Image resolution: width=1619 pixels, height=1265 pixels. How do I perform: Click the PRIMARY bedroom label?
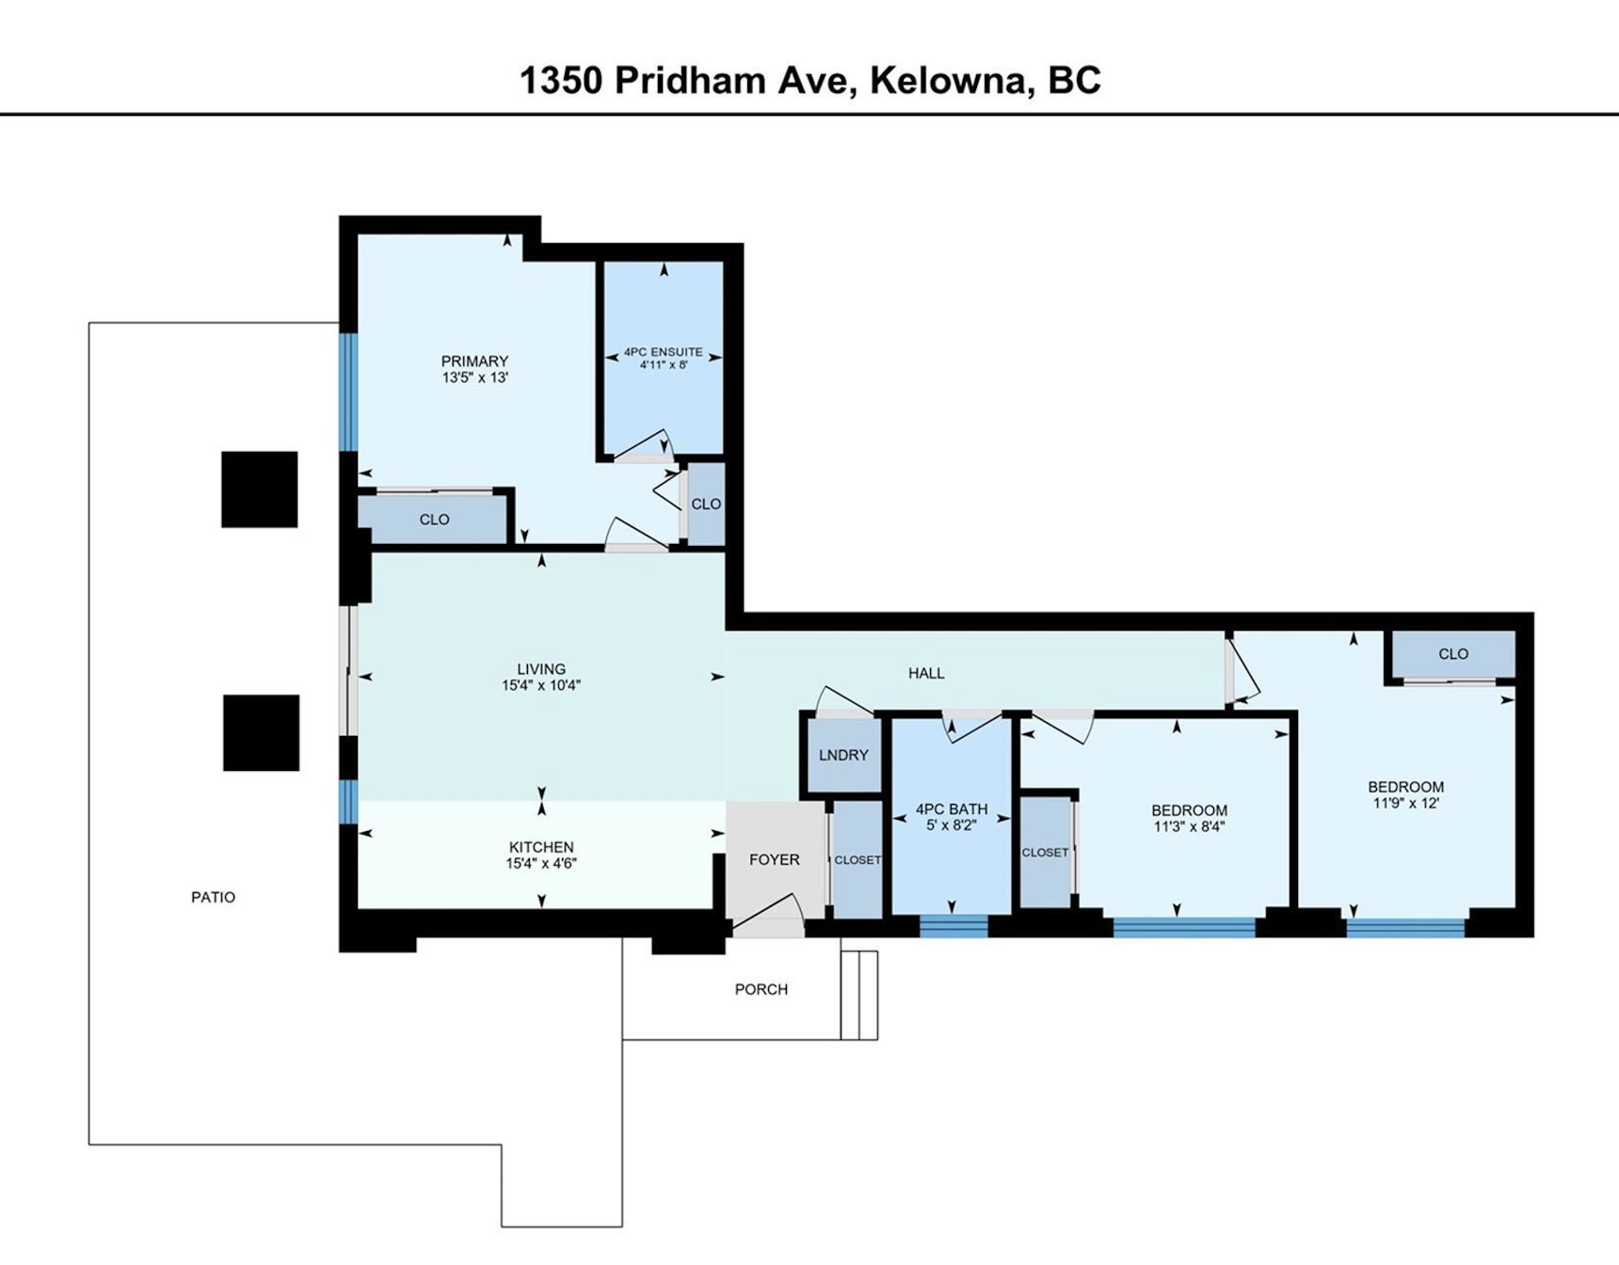click(x=474, y=360)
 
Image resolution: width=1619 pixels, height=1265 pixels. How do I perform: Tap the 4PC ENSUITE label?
click(x=664, y=352)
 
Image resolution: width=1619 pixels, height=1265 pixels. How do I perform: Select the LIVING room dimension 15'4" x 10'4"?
click(x=541, y=686)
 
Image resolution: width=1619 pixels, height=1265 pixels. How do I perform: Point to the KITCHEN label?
click(x=541, y=847)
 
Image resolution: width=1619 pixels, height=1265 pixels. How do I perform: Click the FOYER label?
click(x=775, y=859)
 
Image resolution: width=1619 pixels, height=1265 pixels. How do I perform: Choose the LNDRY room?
click(x=843, y=756)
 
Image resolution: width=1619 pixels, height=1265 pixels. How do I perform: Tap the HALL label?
click(x=926, y=673)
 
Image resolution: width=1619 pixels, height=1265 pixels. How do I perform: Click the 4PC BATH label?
click(x=952, y=809)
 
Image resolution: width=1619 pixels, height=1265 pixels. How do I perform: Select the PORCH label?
click(x=761, y=989)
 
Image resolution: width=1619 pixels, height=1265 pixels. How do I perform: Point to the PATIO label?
click(x=213, y=897)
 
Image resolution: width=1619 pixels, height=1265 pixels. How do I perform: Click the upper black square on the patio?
click(x=260, y=489)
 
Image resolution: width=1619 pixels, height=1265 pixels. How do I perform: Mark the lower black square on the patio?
click(x=262, y=733)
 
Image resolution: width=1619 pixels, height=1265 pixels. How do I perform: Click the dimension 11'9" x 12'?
click(x=1406, y=804)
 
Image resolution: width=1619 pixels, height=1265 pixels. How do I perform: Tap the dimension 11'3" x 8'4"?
click(x=1189, y=827)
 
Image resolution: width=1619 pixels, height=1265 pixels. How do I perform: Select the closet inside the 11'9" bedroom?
click(x=1453, y=654)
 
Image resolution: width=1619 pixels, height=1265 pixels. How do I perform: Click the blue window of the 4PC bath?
click(x=954, y=927)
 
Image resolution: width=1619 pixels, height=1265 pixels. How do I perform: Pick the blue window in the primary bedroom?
click(x=348, y=392)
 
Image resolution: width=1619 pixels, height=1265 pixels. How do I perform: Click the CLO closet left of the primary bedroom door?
click(x=434, y=520)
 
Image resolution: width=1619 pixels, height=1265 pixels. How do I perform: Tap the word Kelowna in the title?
click(x=950, y=81)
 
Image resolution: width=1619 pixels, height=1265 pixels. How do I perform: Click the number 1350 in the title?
click(x=561, y=81)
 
